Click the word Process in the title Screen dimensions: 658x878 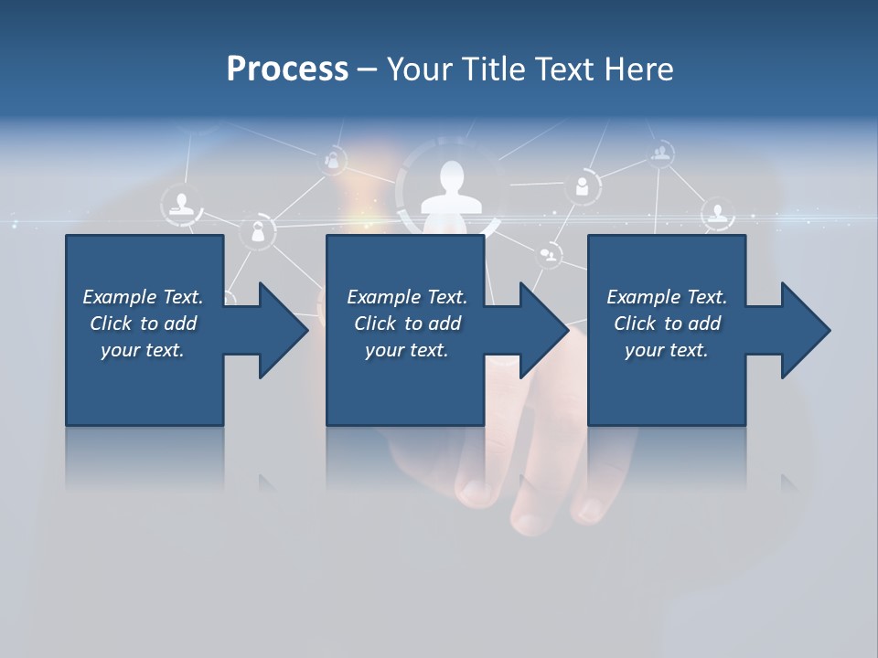(x=287, y=69)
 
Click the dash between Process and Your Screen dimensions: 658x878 (x=367, y=69)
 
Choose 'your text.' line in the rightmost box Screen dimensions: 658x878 (x=666, y=350)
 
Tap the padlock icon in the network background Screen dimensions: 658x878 (x=259, y=233)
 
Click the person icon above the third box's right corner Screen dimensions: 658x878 (x=718, y=214)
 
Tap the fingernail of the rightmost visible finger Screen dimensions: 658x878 (x=589, y=508)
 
